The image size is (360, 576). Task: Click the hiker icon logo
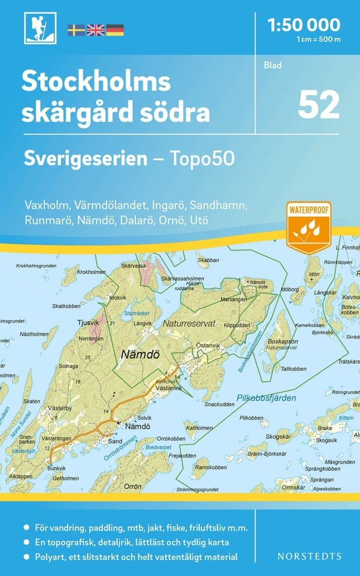point(40,28)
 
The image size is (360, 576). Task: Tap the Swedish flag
point(76,30)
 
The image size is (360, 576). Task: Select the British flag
point(95,30)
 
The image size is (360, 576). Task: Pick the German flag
point(115,30)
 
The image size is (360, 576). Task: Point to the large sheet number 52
point(319,105)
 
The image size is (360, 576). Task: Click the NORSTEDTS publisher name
point(309,556)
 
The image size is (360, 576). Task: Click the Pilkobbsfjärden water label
point(266,398)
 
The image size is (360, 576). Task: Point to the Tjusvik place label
point(88,322)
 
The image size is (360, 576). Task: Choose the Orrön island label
point(133,486)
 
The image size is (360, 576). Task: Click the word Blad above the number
point(272,65)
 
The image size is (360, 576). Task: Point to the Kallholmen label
point(199,428)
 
